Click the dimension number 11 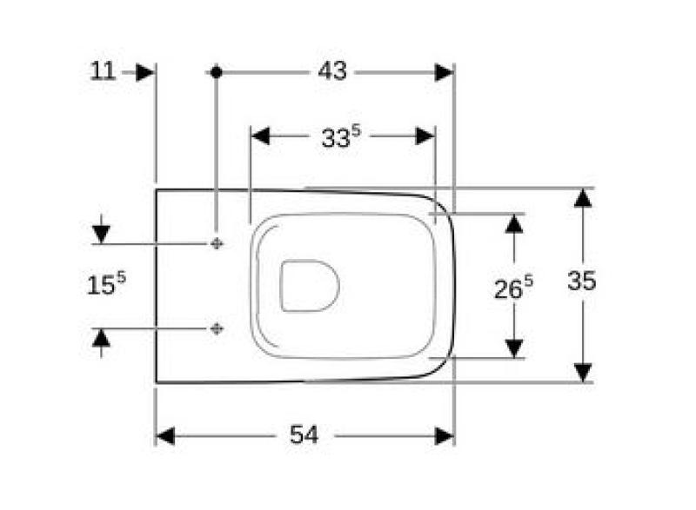pos(103,71)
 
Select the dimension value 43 pos(331,71)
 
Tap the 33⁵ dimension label pos(340,137)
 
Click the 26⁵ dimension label pos(514,288)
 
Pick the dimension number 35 pos(582,281)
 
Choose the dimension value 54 pos(304,435)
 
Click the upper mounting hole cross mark pos(216,244)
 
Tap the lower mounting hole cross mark pos(216,328)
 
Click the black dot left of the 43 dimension pos(216,72)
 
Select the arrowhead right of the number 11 pos(144,72)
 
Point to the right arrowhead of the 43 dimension pos(444,72)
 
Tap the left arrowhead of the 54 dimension pos(166,435)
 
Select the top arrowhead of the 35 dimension pos(583,198)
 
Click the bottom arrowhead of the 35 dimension pos(583,371)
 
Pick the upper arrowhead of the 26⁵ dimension pos(515,223)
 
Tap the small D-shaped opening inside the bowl pos(310,284)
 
